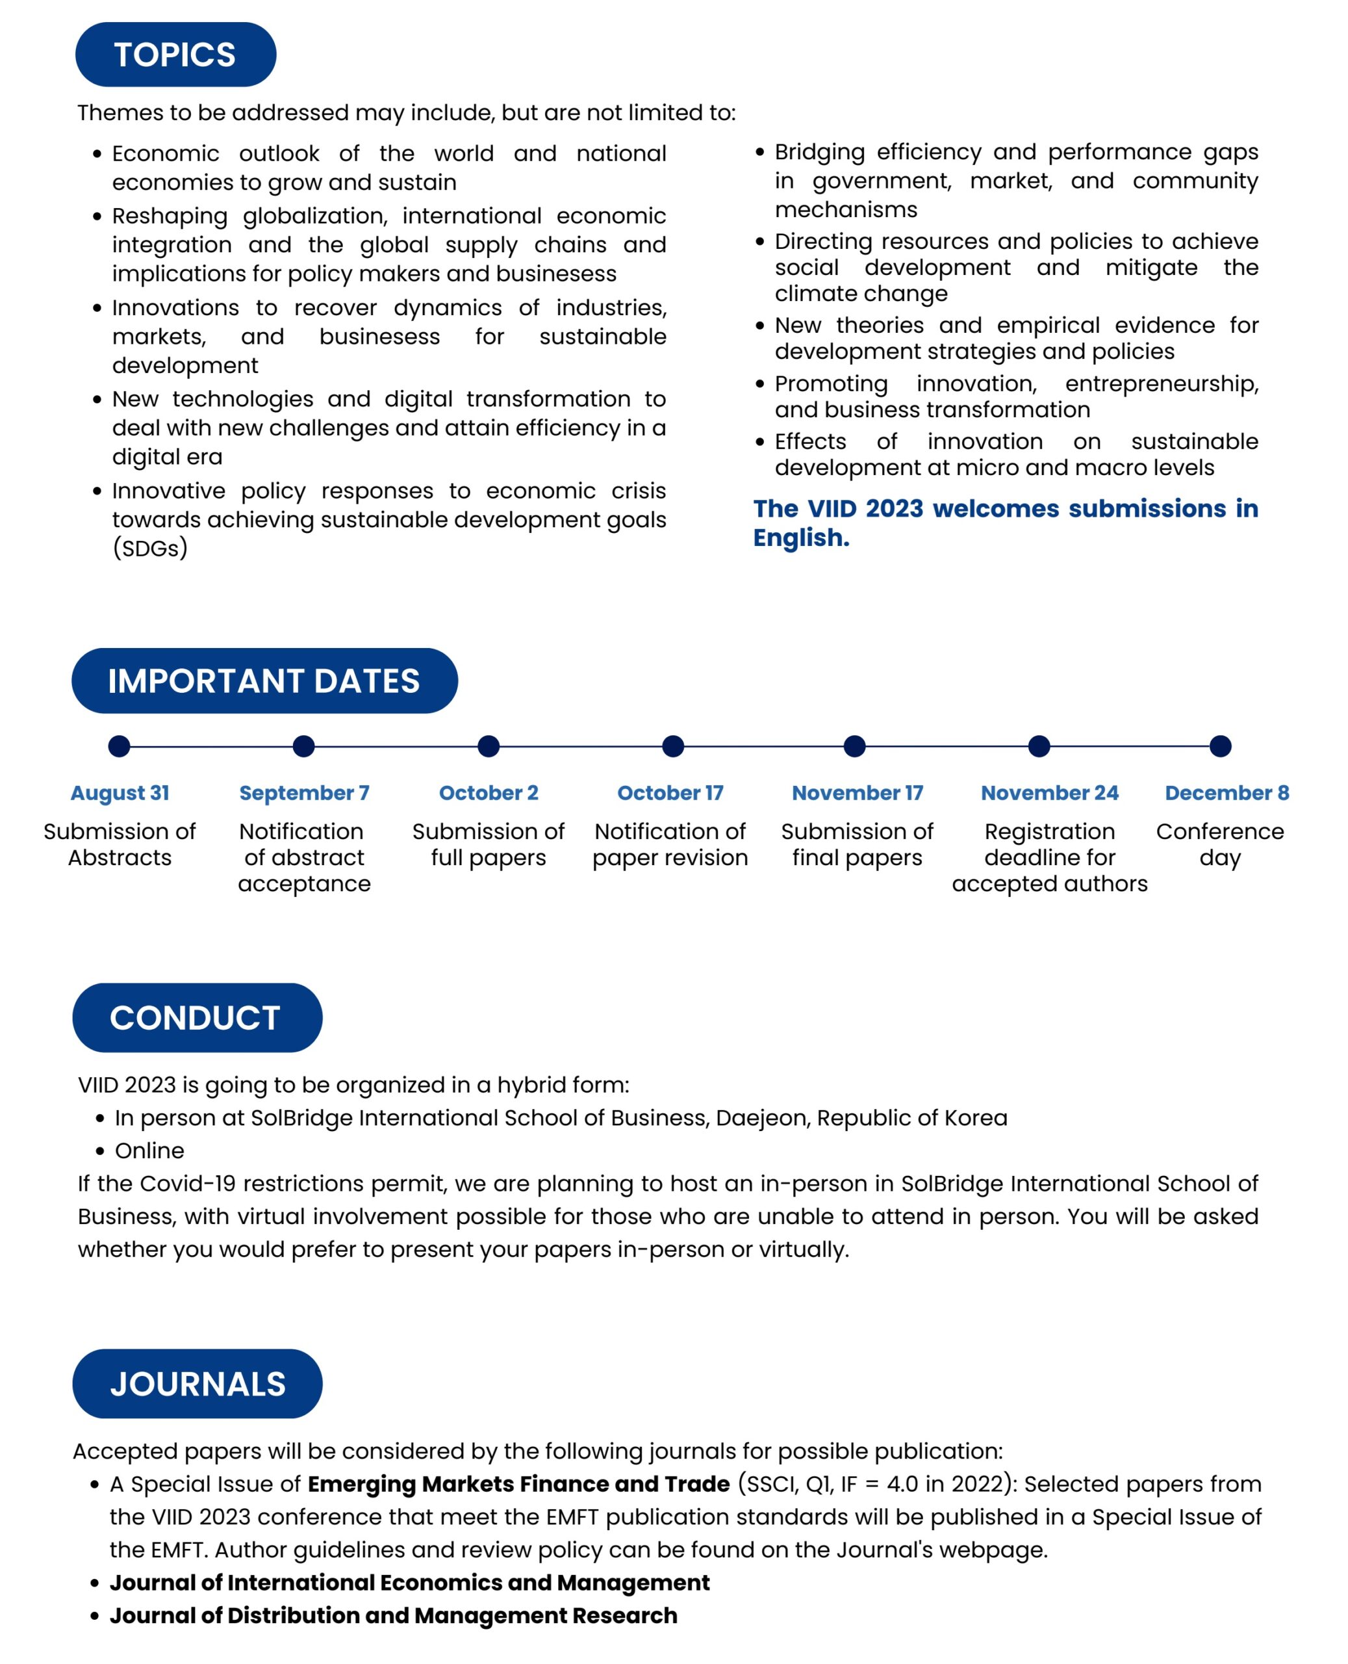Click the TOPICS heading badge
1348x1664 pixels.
(175, 55)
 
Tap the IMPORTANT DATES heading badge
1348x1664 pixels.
(264, 681)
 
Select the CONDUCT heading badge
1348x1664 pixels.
(196, 1018)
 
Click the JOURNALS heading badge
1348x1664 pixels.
(197, 1384)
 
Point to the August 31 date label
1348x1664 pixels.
(120, 792)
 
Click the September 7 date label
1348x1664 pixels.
(303, 792)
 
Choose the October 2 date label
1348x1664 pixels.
(489, 792)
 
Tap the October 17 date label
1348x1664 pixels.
(670, 792)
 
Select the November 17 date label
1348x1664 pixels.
(858, 792)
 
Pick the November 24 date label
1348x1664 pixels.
(1049, 792)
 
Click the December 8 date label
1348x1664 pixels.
(1227, 792)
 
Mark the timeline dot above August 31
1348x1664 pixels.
(119, 746)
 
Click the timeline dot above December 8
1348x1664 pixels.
(1220, 746)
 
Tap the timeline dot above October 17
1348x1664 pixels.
(673, 746)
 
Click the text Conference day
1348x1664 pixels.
(1220, 844)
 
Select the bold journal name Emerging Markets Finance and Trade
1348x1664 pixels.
(518, 1484)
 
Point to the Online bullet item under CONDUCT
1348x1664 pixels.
(149, 1150)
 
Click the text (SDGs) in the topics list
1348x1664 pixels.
(150, 549)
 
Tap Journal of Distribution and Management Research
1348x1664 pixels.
(393, 1615)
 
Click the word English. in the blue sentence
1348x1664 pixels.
(802, 538)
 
